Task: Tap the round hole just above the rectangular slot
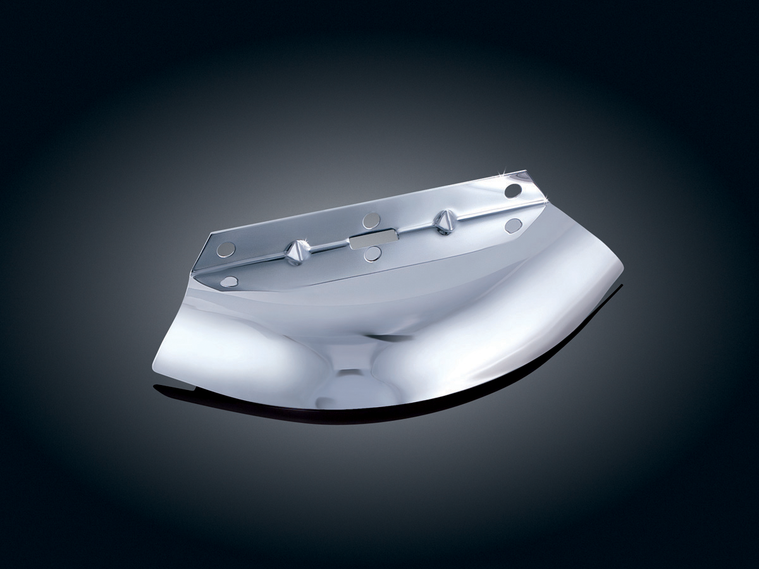pyautogui.click(x=371, y=221)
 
